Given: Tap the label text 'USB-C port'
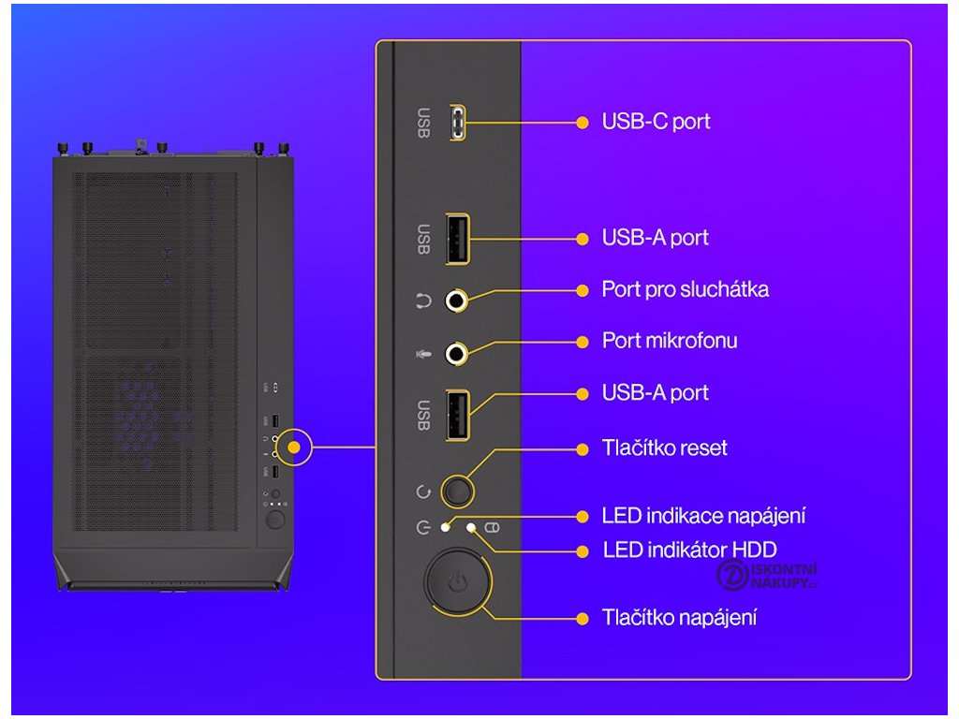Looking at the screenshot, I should point(656,122).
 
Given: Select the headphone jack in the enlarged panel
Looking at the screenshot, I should point(456,301).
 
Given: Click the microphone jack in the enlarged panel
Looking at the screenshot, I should point(456,353).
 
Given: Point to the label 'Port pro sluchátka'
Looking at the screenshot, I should point(685,289).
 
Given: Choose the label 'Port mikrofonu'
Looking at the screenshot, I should point(669,341).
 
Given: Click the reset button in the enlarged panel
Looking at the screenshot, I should point(457,490).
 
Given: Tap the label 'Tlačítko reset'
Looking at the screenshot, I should point(664,448).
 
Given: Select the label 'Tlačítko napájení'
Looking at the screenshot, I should point(679,618).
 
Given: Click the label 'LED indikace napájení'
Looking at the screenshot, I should point(703,516).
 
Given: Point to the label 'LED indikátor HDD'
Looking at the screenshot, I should point(689,550).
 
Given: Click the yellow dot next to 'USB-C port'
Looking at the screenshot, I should point(583,122).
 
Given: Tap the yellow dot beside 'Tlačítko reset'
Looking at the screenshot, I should point(583,448).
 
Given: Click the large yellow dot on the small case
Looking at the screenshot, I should point(295,448).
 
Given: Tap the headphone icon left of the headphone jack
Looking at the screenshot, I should point(422,301).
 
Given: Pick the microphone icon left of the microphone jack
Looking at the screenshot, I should point(422,354).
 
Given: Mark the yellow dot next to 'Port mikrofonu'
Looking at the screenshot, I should point(583,341).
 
